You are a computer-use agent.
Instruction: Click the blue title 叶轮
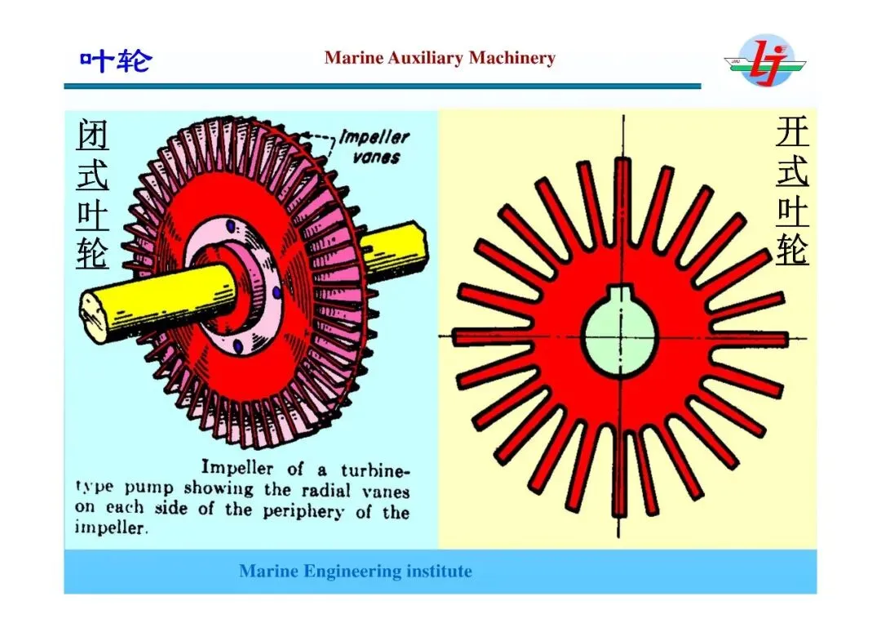[115, 60]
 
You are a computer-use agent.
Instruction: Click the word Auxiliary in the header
[422, 58]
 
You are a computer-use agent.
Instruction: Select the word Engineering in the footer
[352, 572]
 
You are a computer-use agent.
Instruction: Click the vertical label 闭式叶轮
[92, 194]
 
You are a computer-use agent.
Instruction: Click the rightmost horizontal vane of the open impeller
[755, 338]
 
